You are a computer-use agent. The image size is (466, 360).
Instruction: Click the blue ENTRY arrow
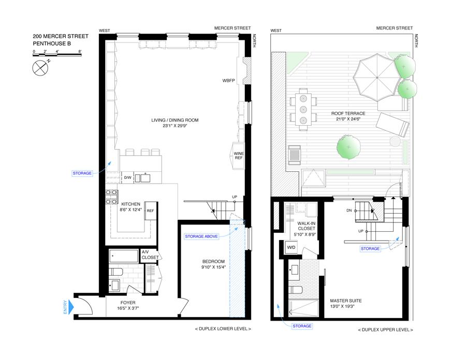click(x=71, y=307)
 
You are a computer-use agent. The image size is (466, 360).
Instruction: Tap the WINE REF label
click(x=239, y=156)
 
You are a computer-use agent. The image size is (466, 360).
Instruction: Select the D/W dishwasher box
click(x=127, y=177)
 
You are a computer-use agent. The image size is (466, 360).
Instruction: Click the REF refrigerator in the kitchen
click(x=150, y=211)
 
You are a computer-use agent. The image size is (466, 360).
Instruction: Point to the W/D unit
click(x=291, y=247)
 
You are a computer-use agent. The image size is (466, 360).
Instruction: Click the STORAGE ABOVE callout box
click(x=201, y=236)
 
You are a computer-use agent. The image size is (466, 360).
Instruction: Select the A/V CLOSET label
click(x=150, y=254)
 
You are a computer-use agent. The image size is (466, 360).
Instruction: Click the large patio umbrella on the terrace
click(x=377, y=78)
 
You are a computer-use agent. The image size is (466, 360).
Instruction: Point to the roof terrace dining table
click(x=303, y=109)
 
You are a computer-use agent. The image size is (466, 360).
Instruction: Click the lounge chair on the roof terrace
click(x=393, y=124)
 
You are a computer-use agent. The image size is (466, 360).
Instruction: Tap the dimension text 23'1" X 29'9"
click(x=175, y=126)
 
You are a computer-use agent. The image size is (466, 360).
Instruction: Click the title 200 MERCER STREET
click(x=61, y=36)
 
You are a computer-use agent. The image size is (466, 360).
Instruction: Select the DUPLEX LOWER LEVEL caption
click(x=223, y=329)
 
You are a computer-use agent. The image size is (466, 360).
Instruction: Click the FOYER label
click(x=128, y=303)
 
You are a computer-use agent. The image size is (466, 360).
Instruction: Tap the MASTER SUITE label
click(x=346, y=301)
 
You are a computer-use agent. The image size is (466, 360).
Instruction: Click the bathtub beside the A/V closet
click(x=124, y=256)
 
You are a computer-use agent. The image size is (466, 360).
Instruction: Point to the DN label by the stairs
click(x=349, y=211)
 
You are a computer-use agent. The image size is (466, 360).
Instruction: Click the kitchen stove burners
click(x=111, y=197)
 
